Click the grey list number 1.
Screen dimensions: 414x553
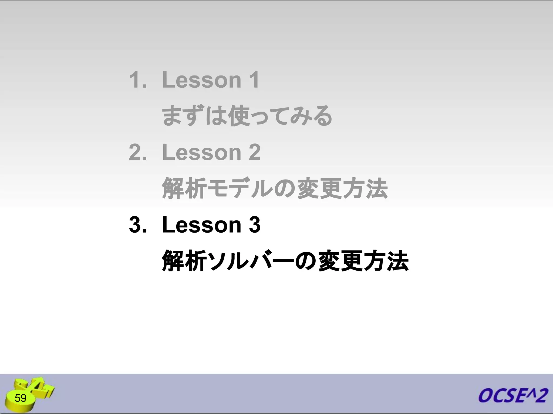[x=138, y=80]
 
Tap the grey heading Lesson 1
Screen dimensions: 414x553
[x=211, y=80]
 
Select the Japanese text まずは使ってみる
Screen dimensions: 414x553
[x=247, y=116]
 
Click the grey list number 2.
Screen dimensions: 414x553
[x=138, y=152]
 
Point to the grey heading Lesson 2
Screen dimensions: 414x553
[x=211, y=152]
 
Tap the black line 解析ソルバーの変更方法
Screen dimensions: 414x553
[x=285, y=261]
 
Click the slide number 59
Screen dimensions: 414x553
[x=21, y=398]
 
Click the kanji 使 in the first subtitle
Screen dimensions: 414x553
[x=239, y=116]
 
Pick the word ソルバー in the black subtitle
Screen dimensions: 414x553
[x=250, y=261]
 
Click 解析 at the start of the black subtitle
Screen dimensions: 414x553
[x=184, y=261]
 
